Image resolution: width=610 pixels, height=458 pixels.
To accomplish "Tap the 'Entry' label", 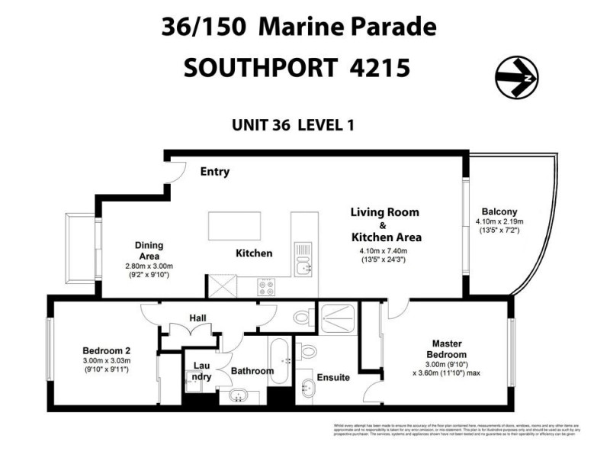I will coord(214,172).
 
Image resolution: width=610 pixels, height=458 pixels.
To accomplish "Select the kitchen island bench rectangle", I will coord(234,226).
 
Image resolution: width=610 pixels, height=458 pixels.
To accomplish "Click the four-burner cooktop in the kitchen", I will coord(268,288).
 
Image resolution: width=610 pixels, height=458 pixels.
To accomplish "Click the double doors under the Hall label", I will coord(188,331).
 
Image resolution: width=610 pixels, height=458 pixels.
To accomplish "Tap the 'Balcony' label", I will coord(499,212).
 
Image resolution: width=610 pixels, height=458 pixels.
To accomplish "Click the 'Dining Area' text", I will coord(149,250).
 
